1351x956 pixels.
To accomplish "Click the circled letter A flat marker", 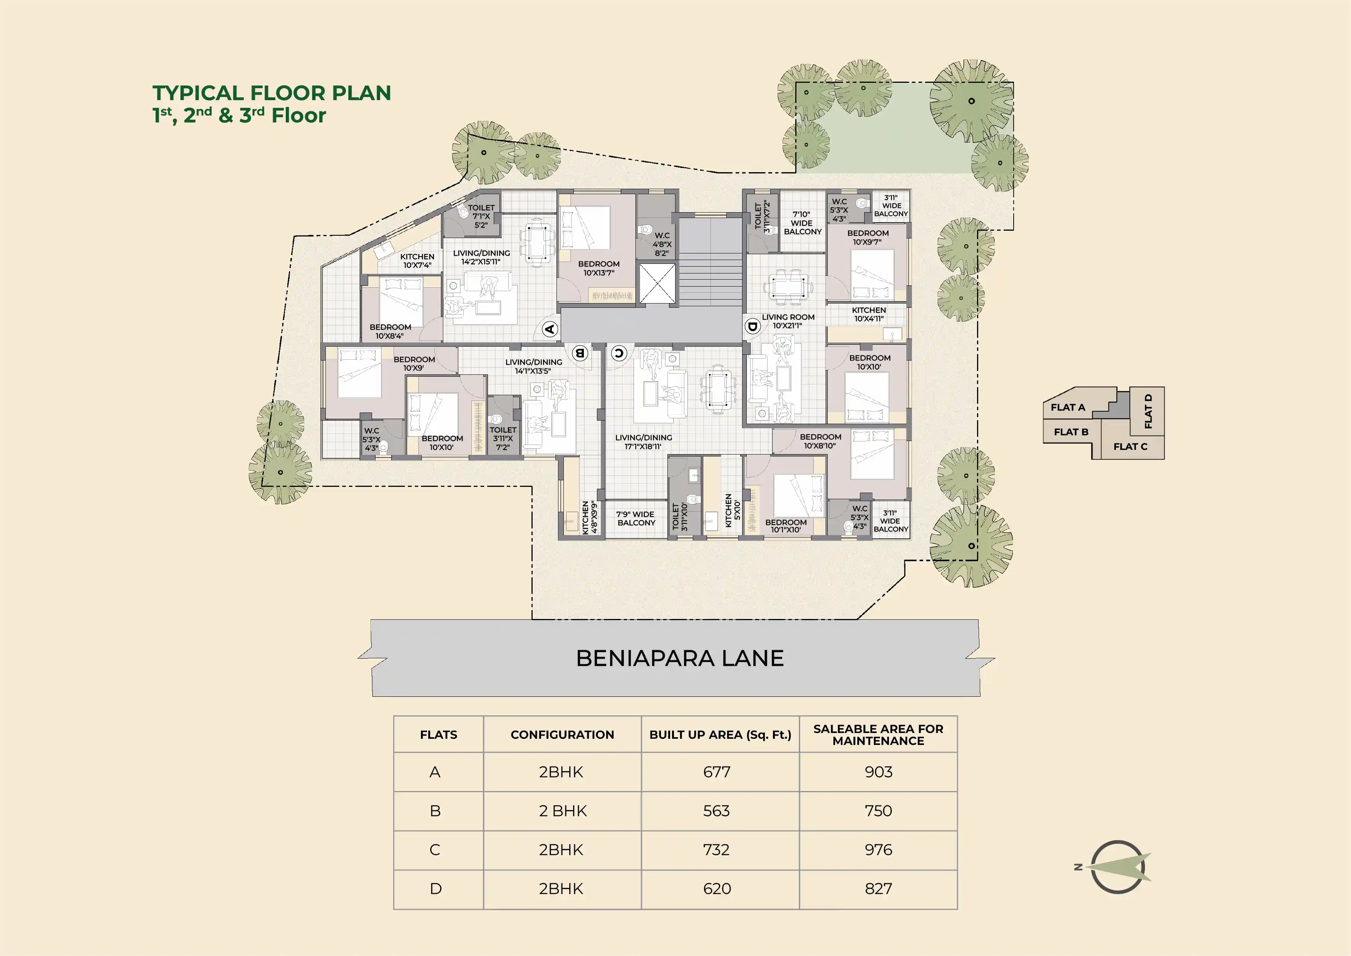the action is [x=550, y=329].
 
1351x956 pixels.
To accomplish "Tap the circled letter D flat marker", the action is [x=752, y=326].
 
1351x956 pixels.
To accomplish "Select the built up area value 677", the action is [x=717, y=772].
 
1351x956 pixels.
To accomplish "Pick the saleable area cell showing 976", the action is [x=878, y=849].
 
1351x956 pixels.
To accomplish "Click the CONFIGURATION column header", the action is [x=562, y=735].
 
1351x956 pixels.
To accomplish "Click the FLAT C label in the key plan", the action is [x=1130, y=446].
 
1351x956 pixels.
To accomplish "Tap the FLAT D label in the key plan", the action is [x=1148, y=411].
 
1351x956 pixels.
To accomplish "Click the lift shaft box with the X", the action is [x=657, y=284].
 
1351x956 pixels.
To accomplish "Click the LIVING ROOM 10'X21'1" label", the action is [x=788, y=321].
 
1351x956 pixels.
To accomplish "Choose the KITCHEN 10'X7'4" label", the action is [x=417, y=261].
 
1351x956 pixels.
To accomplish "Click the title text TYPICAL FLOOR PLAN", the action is [x=272, y=93].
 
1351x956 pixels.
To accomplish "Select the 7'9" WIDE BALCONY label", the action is [x=635, y=518].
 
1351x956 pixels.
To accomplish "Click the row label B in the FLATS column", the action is [x=436, y=811].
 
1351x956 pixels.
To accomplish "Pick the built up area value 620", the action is [x=717, y=888].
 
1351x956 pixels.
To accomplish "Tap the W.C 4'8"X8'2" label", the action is [x=662, y=244].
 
